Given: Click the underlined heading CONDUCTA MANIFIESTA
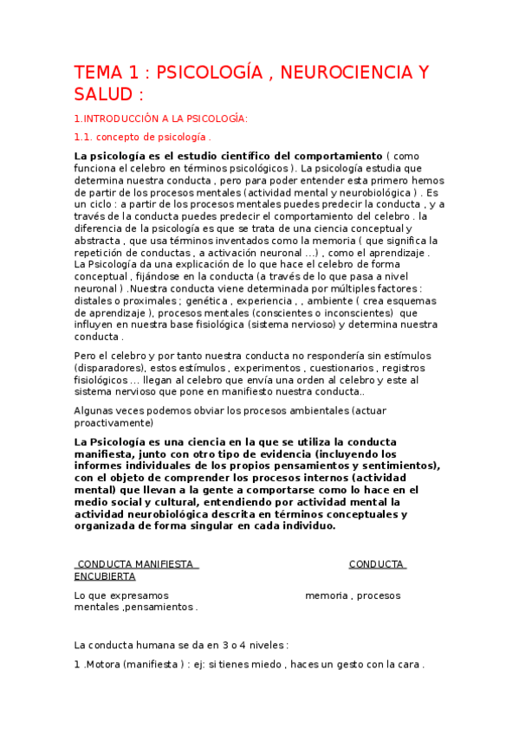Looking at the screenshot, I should [x=136, y=564].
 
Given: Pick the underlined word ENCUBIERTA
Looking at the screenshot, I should [x=105, y=576].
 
